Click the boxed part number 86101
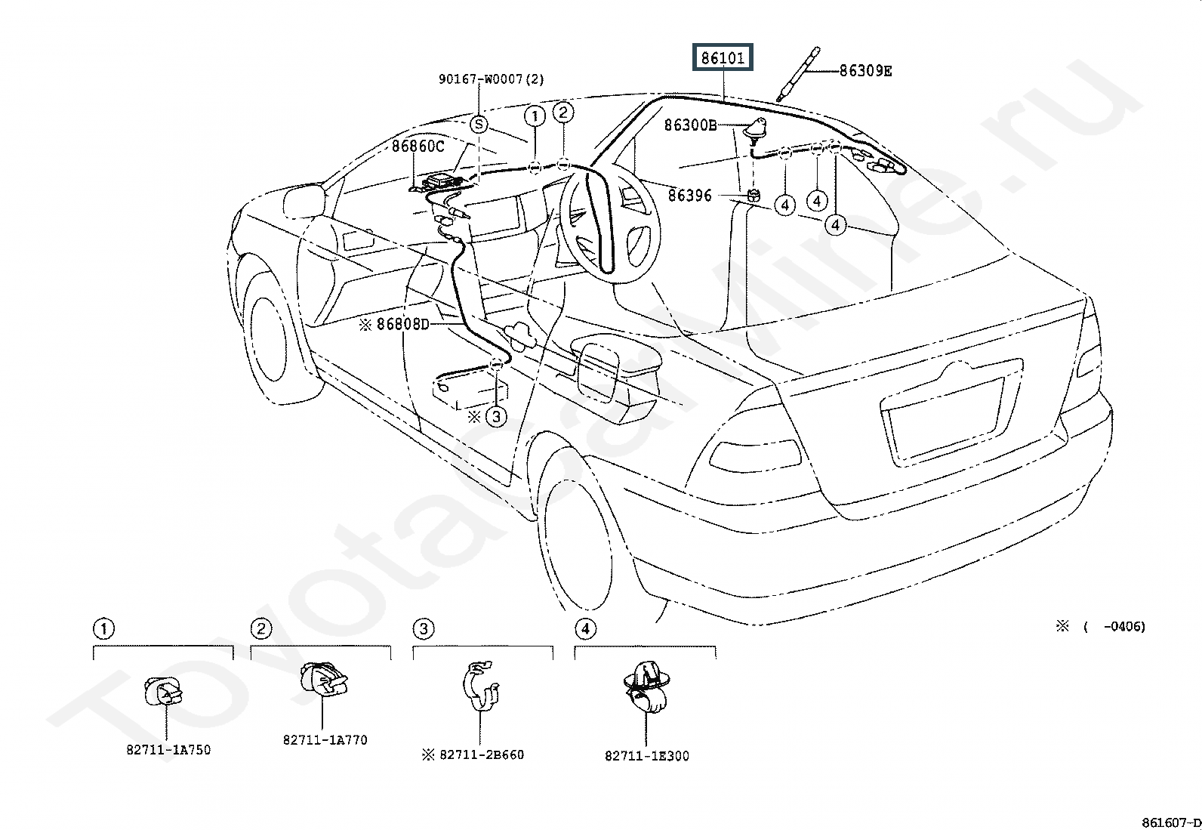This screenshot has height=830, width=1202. coord(723,57)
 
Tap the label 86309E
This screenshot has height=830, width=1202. coord(865,71)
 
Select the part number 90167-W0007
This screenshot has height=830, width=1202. coord(481,79)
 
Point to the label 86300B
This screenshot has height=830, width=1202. coord(691,125)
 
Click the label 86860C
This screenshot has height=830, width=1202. coord(418,146)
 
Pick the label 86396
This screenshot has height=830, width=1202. coord(689,196)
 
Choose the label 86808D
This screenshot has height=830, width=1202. coord(402,324)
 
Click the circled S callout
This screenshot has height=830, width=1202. coord(479,125)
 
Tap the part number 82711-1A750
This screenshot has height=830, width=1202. coord(168,750)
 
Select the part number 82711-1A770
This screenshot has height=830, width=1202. coord(325,740)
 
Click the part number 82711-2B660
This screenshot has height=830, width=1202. coord(482,754)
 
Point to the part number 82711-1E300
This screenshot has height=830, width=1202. coord(646,756)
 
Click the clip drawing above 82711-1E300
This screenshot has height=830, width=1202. coord(646,687)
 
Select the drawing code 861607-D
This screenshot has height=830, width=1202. coord(1171,822)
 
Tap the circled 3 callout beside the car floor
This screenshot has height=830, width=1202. coord(496,417)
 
